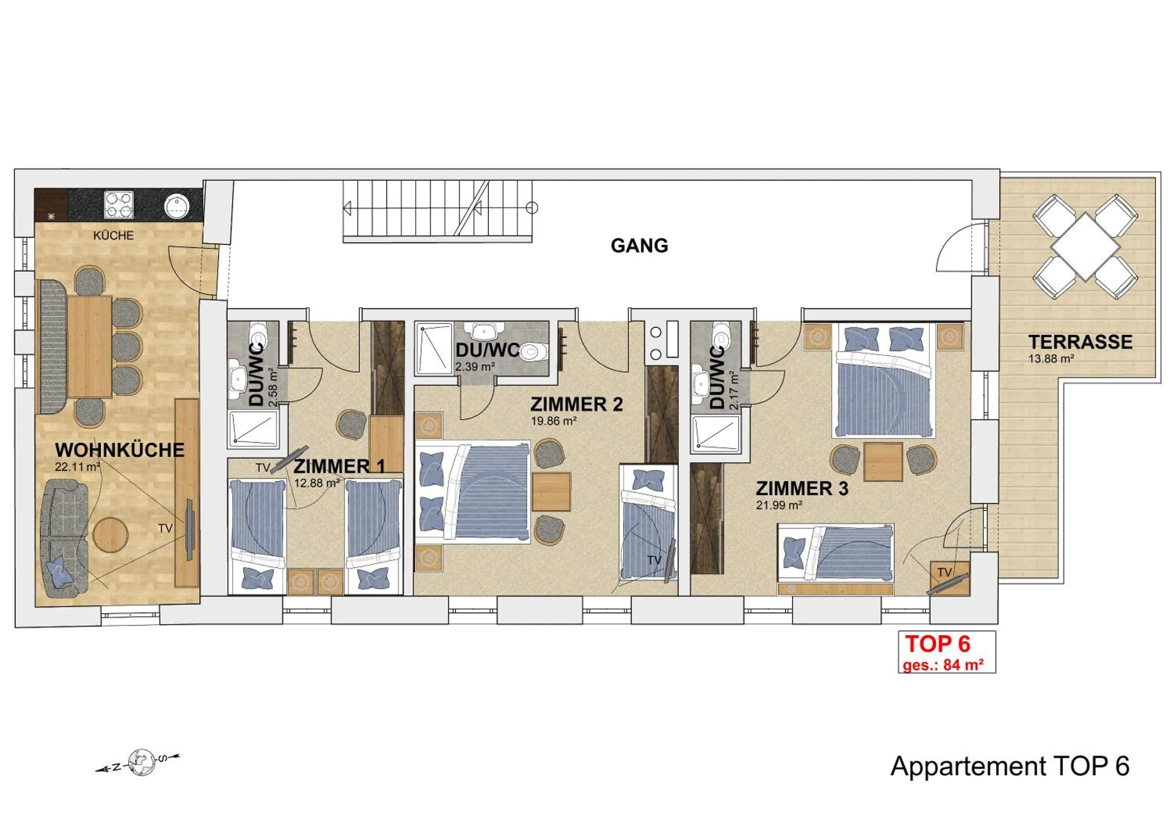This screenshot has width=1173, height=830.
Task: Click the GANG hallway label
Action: pos(639,246)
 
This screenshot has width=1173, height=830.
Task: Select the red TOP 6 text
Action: pos(938,644)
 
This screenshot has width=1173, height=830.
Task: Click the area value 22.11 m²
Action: pos(77,467)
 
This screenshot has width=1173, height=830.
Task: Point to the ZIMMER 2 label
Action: pos(576,404)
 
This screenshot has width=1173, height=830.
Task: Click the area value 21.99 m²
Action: pos(778,505)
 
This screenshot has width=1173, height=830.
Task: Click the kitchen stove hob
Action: pos(119,205)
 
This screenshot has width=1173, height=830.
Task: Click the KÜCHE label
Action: pos(113,235)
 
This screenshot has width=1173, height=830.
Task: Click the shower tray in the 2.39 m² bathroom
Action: pos(434,349)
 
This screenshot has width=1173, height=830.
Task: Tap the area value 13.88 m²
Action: pos(1051,359)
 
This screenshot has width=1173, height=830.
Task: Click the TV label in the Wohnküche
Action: pos(165,528)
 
